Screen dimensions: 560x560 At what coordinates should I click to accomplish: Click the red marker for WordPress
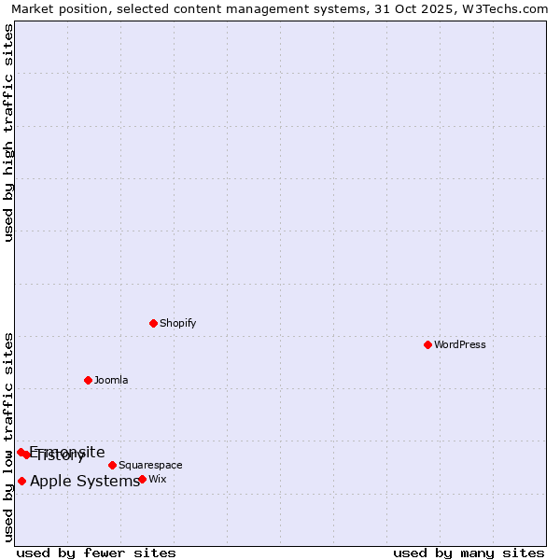(427, 344)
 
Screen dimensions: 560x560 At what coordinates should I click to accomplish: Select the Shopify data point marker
(153, 323)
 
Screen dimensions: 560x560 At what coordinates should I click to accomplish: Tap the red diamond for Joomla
(88, 380)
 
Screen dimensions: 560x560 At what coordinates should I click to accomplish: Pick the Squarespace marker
(112, 465)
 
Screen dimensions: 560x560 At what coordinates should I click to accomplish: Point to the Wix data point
(142, 479)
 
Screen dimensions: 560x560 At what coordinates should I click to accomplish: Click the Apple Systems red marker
(21, 481)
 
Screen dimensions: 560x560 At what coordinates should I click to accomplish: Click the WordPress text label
(460, 344)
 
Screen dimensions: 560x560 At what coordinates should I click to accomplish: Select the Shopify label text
(177, 323)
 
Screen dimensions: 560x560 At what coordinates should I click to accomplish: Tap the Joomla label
(111, 380)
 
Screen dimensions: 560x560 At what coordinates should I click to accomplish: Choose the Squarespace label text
(150, 465)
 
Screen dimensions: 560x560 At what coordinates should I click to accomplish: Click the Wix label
(157, 479)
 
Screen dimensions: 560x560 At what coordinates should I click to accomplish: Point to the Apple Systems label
(85, 482)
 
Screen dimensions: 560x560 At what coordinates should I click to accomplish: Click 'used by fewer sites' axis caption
(96, 553)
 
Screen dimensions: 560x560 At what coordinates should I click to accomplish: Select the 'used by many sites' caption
(469, 553)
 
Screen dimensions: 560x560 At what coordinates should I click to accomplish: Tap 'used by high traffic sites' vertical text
(8, 133)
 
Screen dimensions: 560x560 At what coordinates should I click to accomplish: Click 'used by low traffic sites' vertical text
(8, 436)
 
